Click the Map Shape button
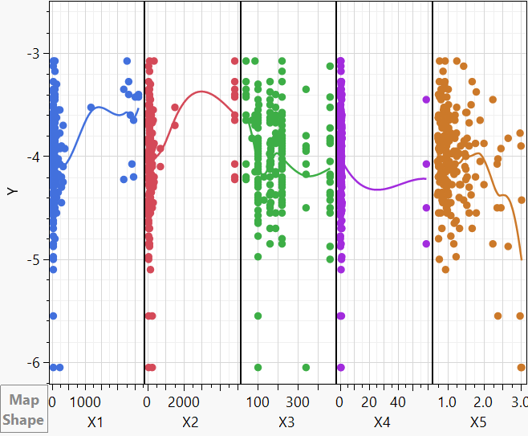23,410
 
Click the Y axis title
12,190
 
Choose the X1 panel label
95,422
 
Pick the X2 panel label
190,422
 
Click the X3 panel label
286,422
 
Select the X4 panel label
382,422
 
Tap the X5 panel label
478,422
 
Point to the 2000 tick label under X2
184,401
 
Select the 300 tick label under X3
298,401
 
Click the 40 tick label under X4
399,401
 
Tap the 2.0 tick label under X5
483,401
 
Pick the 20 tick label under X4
369,401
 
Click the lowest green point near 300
306,367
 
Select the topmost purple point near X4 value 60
427,100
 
